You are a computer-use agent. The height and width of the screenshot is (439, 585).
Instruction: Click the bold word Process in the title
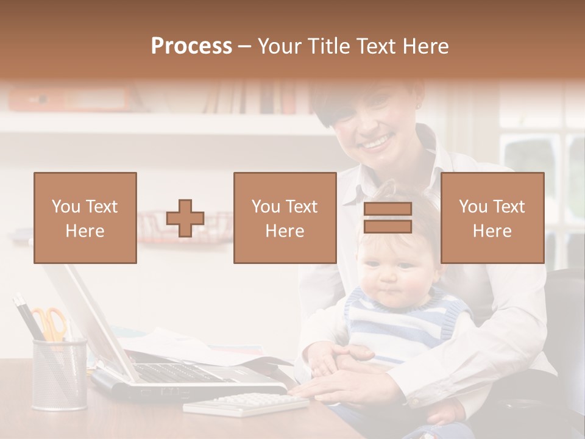(191, 46)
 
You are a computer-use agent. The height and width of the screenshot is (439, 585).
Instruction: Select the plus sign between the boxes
(185, 218)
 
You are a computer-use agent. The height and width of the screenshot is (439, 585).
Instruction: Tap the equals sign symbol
(388, 218)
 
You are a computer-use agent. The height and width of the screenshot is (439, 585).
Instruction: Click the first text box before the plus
(85, 218)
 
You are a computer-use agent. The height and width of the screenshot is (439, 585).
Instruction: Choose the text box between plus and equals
(285, 218)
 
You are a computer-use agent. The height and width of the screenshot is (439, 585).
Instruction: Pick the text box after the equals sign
(492, 218)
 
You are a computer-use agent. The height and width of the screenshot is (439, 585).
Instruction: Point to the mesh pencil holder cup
(59, 375)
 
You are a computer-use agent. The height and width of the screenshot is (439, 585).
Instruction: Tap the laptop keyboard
(177, 372)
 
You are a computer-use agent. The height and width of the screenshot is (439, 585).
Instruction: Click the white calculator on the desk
(247, 404)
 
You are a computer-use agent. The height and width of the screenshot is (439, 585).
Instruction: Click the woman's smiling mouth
(377, 143)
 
